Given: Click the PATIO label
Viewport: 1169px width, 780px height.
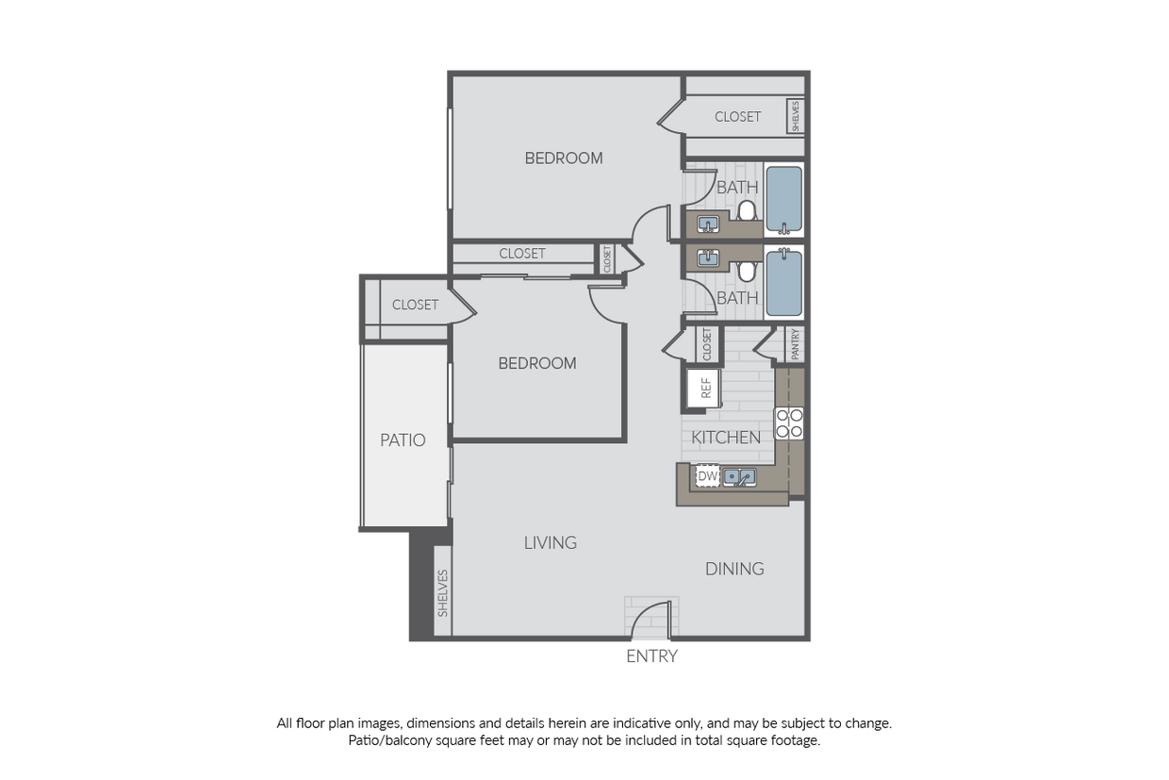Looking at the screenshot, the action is tap(403, 440).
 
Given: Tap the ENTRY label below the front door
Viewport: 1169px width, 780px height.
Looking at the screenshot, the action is tap(651, 656).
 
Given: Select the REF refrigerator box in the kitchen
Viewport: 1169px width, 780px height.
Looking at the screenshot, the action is tap(704, 388).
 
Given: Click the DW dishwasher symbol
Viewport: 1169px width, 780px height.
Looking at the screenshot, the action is tap(707, 476).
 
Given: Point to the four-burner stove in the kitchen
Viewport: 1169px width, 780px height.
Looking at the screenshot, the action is tap(788, 423).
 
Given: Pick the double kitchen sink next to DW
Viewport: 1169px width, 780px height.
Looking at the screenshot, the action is tap(739, 477).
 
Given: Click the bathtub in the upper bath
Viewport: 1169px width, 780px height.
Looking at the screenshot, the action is tap(783, 200).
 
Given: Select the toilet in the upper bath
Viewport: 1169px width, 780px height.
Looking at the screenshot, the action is tap(748, 210).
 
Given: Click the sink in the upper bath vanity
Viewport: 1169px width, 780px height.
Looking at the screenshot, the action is tap(708, 224).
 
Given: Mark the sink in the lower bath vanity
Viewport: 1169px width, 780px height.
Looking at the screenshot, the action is tap(708, 257).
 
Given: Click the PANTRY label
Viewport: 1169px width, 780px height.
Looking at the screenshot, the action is tap(796, 344).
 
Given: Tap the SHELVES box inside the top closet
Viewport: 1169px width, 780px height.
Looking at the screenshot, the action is tap(796, 116).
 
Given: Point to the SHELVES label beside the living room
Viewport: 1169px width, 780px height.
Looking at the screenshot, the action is tap(442, 593).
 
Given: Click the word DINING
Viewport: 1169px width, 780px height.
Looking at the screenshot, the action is tap(734, 569).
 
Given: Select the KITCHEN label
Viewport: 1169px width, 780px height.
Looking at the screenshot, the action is tap(726, 438).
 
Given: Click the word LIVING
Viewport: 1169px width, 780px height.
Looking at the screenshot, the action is tap(551, 543).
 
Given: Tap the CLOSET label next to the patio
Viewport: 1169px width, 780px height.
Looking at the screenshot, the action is tap(415, 305).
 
